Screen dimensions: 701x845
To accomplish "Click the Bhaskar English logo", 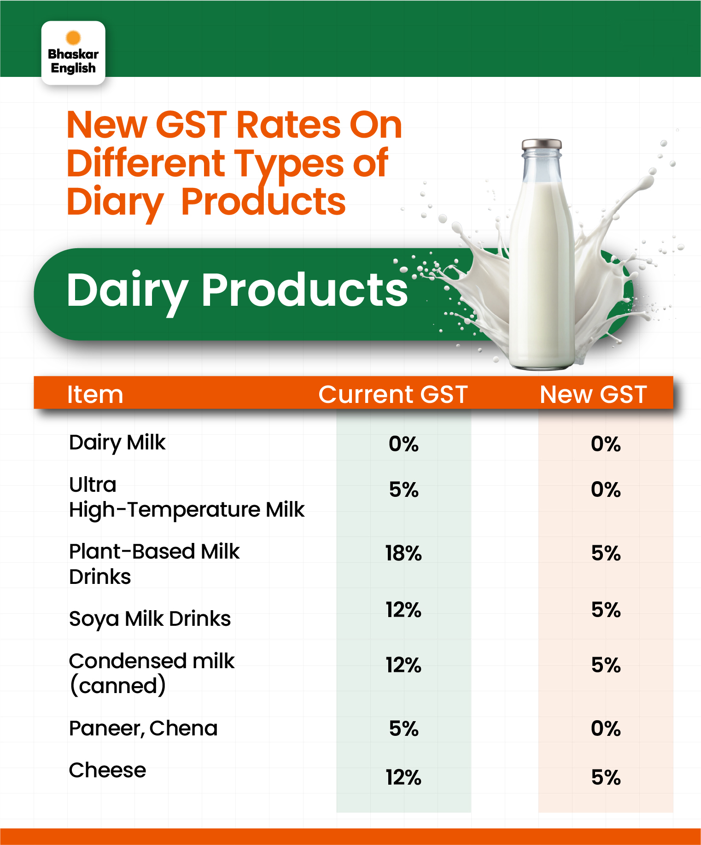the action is pos(73,52).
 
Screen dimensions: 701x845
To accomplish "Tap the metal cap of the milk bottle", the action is pos(542,144).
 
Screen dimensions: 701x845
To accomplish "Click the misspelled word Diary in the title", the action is pos(115,203).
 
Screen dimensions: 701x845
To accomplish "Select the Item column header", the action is pos(95,394).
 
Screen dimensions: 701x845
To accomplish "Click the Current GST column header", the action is pos(393,394).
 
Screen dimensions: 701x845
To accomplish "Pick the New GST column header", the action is pos(593,394).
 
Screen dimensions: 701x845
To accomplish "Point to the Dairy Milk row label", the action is pos(117,443).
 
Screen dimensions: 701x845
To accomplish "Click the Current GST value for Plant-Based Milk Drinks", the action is pos(403,553).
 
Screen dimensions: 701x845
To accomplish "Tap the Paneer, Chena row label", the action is pos(143,728).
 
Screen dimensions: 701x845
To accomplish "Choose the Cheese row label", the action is pos(107,770).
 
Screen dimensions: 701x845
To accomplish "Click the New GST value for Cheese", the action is pos(606,777).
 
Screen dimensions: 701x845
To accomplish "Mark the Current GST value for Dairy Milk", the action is pos(403,444).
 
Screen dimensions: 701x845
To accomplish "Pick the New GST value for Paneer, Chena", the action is pos(606,728).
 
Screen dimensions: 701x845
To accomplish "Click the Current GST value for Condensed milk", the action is pos(403,665).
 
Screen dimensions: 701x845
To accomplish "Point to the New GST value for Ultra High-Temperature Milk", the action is pos(606,490).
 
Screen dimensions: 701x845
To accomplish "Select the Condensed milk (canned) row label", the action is pos(152,673).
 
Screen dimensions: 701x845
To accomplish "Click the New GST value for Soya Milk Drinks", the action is pos(606,610).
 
